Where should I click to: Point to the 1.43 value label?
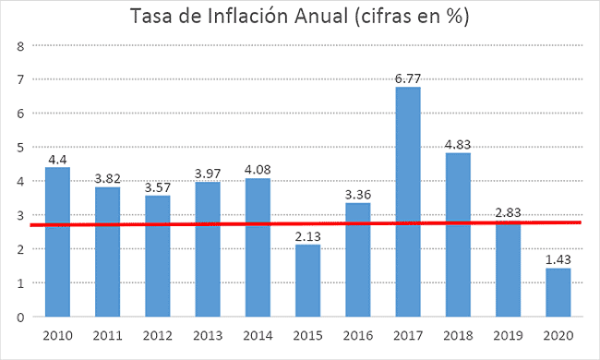pos(558,259)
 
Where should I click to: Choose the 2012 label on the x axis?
pos(158,335)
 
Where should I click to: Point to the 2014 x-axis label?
pos(258,335)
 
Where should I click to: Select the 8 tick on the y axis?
pos(18,45)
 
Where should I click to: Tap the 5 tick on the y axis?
pos(18,147)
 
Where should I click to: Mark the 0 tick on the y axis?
pos(18,317)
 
